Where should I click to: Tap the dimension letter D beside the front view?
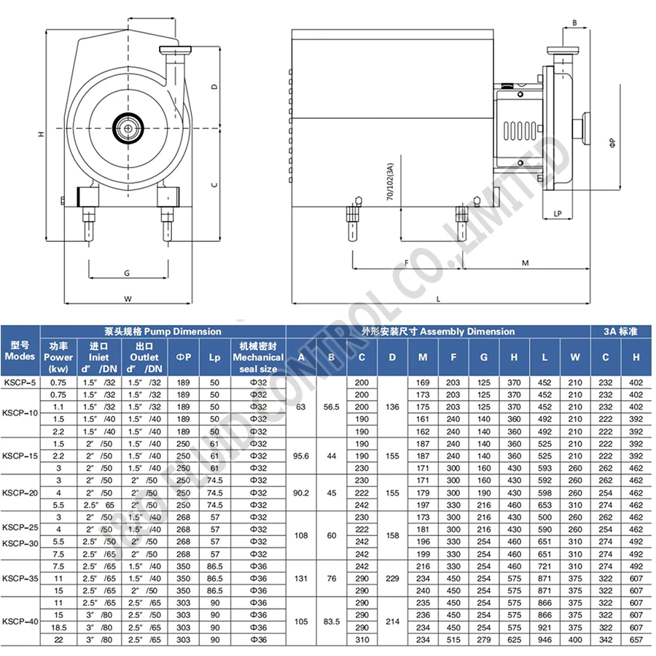click(x=214, y=87)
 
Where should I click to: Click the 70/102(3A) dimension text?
click(x=391, y=181)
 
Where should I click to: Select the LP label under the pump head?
click(x=558, y=214)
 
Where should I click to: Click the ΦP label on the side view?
click(x=613, y=141)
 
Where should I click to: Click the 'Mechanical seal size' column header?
click(x=258, y=357)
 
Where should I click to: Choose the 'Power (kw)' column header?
click(x=58, y=357)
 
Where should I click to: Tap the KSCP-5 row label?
click(x=20, y=382)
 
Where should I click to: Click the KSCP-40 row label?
click(x=20, y=621)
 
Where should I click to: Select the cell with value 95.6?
click(x=302, y=456)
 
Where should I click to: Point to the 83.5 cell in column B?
click(x=332, y=621)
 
